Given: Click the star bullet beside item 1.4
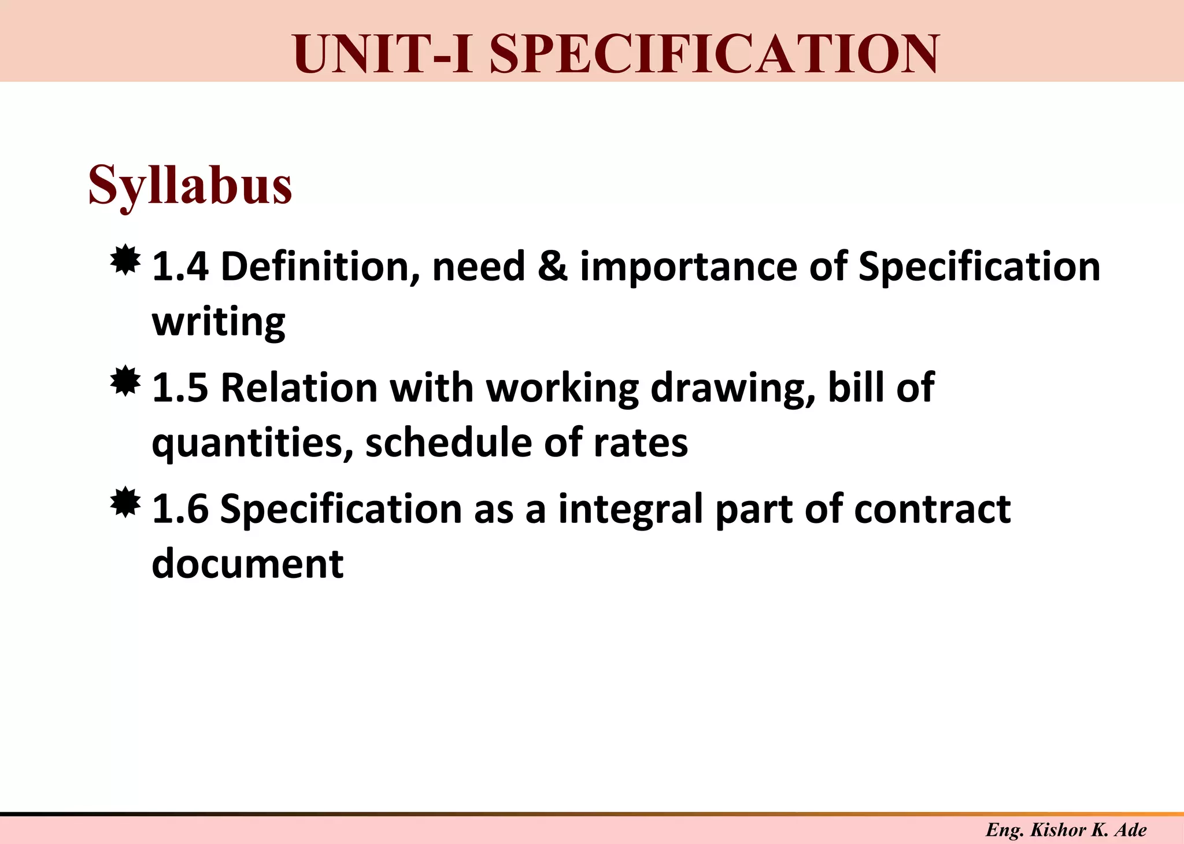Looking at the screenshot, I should click(x=125, y=261).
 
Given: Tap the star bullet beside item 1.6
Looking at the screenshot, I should click(x=125, y=503).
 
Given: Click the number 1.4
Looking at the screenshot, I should click(x=180, y=267).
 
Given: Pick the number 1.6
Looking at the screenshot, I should click(x=180, y=509).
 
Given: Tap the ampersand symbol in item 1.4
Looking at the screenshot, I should click(x=552, y=267).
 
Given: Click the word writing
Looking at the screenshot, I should click(x=219, y=322).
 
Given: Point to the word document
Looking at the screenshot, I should click(x=247, y=564).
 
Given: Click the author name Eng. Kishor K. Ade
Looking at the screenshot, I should click(x=1066, y=830).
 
